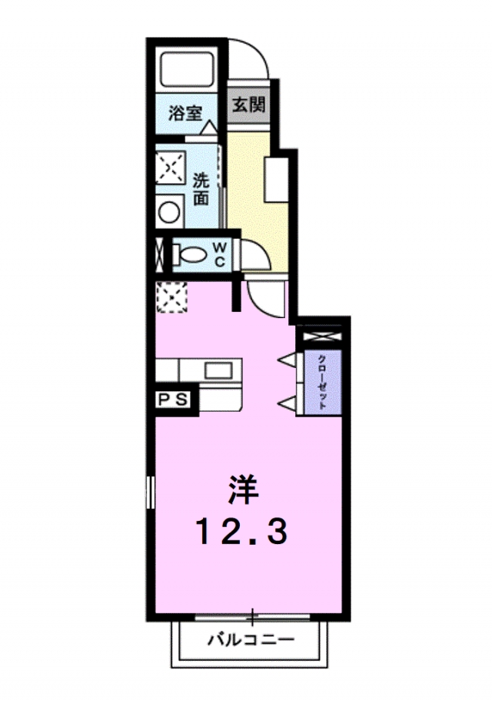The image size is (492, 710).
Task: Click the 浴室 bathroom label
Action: [185, 114]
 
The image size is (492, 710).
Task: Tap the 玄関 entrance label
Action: [248, 104]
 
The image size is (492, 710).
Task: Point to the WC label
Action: [219, 254]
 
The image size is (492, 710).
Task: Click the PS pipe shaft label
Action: [174, 399]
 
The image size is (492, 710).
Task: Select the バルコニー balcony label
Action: [250, 639]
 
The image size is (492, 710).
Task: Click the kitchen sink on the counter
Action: [218, 370]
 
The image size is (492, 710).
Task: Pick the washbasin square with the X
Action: [170, 166]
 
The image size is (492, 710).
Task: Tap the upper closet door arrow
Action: [286, 359]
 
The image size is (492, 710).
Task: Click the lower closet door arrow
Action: [286, 403]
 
